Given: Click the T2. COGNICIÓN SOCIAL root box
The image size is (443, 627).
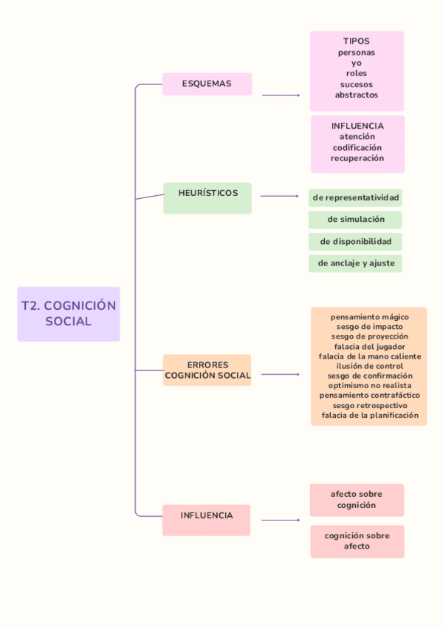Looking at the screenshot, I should pyautogui.click(x=69, y=313).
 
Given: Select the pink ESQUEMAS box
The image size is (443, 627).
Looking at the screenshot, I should pyautogui.click(x=207, y=84).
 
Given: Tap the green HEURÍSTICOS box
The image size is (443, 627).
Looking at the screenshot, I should pyautogui.click(x=207, y=197).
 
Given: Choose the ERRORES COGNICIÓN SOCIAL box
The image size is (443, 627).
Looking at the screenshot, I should pyautogui.click(x=207, y=370).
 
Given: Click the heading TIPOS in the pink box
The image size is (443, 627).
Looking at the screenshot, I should pyautogui.click(x=357, y=41).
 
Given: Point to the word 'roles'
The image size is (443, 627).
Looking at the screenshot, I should pyautogui.click(x=357, y=73).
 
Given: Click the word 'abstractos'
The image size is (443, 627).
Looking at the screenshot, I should pyautogui.click(x=357, y=95).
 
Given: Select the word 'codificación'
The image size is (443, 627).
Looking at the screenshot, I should pyautogui.click(x=357, y=147).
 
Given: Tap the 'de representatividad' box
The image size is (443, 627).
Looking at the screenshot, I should pyautogui.click(x=356, y=197).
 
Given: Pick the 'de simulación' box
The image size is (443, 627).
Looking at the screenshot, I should pyautogui.click(x=356, y=220).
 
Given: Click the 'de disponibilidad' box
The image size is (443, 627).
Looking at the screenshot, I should pyautogui.click(x=356, y=241).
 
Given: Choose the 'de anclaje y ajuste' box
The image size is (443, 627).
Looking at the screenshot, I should pyautogui.click(x=356, y=263).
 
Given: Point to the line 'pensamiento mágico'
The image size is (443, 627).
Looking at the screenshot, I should pyautogui.click(x=369, y=316).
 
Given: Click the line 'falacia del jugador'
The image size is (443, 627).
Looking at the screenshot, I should pyautogui.click(x=369, y=346).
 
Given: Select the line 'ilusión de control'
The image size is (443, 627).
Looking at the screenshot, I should pyautogui.click(x=369, y=366).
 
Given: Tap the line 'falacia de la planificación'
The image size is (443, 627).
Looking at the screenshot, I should pyautogui.click(x=369, y=416).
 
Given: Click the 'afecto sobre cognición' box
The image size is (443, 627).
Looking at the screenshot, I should pyautogui.click(x=357, y=500).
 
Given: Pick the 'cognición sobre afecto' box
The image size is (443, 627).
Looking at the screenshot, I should pyautogui.click(x=357, y=541).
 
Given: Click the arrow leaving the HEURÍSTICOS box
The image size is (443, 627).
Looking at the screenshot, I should pyautogui.click(x=280, y=197).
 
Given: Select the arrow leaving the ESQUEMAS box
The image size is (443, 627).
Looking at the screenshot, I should pyautogui.click(x=281, y=95).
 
